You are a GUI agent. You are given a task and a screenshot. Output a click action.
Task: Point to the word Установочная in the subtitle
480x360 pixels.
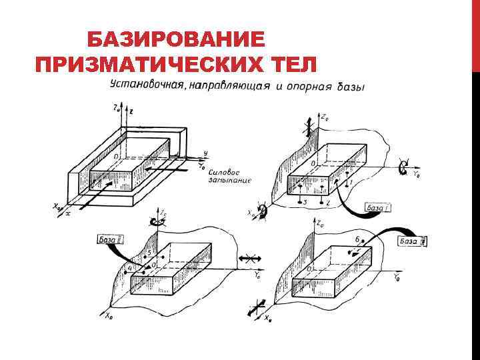tap(147, 86)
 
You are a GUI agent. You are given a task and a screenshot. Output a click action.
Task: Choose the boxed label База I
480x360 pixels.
tap(379, 208)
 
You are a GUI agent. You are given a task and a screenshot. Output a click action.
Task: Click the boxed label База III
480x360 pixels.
tap(411, 241)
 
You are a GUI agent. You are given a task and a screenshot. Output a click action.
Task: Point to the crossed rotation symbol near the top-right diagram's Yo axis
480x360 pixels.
tap(402, 168)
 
